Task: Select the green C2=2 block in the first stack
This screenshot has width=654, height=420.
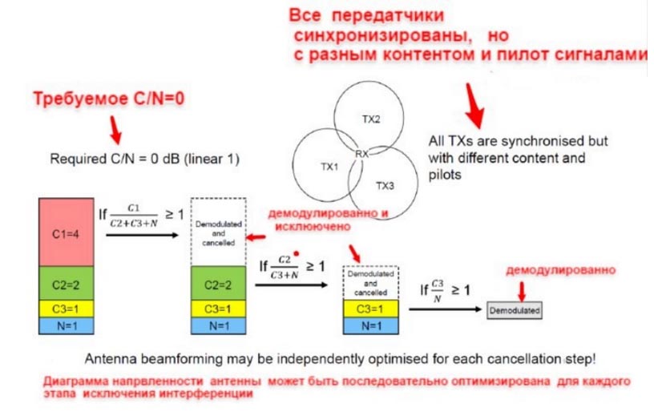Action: pyautogui.click(x=67, y=283)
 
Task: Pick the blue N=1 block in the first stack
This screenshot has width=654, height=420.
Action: pyautogui.click(x=67, y=325)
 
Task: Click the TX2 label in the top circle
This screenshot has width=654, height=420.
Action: pyautogui.click(x=370, y=119)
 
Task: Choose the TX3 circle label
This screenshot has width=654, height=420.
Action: pyautogui.click(x=386, y=185)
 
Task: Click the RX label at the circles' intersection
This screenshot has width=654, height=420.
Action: pyautogui.click(x=363, y=151)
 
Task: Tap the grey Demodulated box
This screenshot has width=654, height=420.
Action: pyautogui.click(x=515, y=309)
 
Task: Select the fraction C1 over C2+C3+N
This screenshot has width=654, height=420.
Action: pyautogui.click(x=145, y=215)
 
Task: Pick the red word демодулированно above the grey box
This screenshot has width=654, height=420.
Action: pyautogui.click(x=560, y=270)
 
